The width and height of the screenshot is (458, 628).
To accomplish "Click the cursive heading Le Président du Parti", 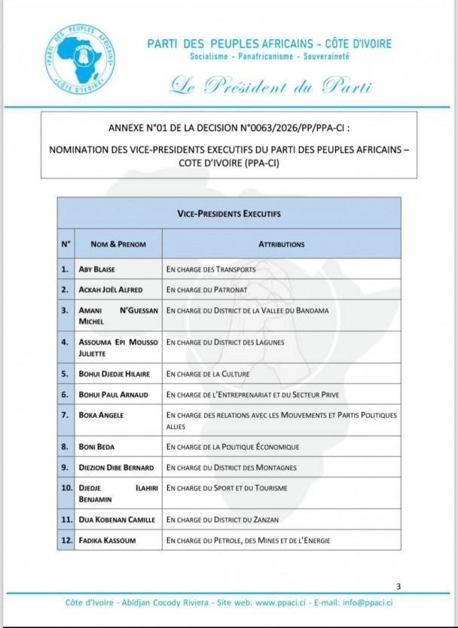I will (x=270, y=86).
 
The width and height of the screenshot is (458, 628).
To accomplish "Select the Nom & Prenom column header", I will (x=118, y=244).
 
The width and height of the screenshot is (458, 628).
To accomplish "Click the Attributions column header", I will (x=281, y=244).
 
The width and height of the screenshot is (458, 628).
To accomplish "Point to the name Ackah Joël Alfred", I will (x=111, y=289).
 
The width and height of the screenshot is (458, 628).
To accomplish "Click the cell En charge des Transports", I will (x=211, y=269).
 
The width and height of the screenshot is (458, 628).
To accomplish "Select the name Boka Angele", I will (x=102, y=415).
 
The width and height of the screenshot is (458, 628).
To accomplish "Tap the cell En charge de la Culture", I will (x=208, y=373).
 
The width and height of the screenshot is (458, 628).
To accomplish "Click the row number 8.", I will (x=66, y=447).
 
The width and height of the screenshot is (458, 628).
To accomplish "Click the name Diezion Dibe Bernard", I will (x=116, y=468).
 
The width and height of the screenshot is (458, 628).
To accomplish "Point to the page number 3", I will (x=398, y=587).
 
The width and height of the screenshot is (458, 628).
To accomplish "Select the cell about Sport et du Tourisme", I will (x=227, y=488).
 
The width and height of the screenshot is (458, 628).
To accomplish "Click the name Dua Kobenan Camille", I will (x=117, y=520).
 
